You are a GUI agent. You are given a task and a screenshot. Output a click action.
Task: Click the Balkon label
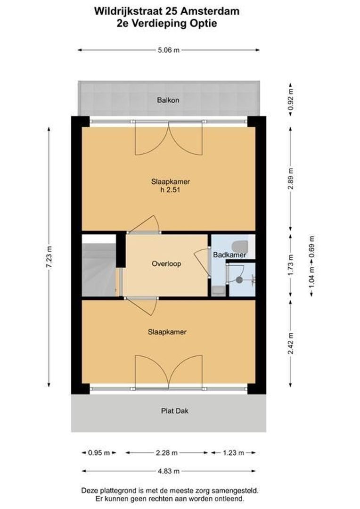point(168,100)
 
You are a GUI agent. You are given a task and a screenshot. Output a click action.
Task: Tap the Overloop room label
point(166,264)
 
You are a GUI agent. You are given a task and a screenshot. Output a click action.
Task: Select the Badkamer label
point(229,255)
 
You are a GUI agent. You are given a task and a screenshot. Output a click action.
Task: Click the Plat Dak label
point(168,410)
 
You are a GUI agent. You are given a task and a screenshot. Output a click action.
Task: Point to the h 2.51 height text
point(168,190)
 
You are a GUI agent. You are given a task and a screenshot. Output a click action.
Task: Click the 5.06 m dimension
point(169,50)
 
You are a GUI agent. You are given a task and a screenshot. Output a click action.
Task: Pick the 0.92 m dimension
point(290,98)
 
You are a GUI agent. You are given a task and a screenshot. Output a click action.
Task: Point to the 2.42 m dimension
point(290,344)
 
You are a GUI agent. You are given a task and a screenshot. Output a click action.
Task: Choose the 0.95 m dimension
point(98,453)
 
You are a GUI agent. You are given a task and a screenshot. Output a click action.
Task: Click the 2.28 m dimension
point(167,453)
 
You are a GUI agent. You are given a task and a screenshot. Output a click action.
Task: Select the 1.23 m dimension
point(233,453)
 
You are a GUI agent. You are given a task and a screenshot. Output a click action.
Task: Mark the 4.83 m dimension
point(168,470)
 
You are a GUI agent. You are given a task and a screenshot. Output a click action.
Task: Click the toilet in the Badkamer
point(241,245)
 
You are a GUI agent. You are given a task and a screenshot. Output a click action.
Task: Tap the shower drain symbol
point(239,279)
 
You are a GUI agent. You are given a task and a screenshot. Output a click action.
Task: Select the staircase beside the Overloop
point(98,266)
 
